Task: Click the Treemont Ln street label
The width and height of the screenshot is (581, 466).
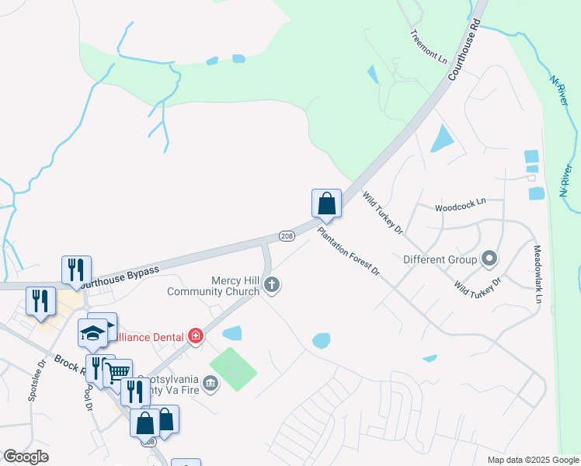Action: pyautogui.click(x=429, y=47)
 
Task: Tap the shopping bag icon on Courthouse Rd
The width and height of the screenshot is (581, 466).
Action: pyautogui.click(x=327, y=203)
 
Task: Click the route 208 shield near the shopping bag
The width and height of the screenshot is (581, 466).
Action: pyautogui.click(x=286, y=235)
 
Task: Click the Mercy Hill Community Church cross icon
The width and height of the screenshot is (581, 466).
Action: pyautogui.click(x=272, y=285)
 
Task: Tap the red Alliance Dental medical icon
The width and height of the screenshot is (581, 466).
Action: pyautogui.click(x=197, y=336)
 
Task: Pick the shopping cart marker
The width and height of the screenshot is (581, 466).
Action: pyautogui.click(x=117, y=374)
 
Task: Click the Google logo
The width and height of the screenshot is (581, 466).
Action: pyautogui.click(x=26, y=457)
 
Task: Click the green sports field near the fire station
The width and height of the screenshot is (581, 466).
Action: pyautogui.click(x=233, y=370)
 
